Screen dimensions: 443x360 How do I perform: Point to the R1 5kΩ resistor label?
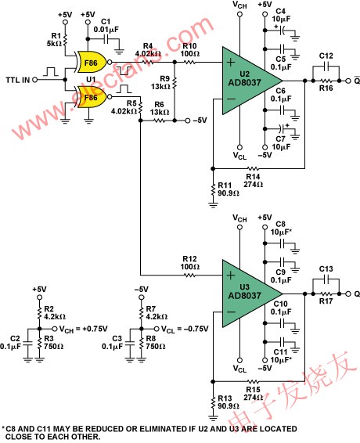(x=53, y=41)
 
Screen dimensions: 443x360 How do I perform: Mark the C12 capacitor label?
(x=327, y=56)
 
